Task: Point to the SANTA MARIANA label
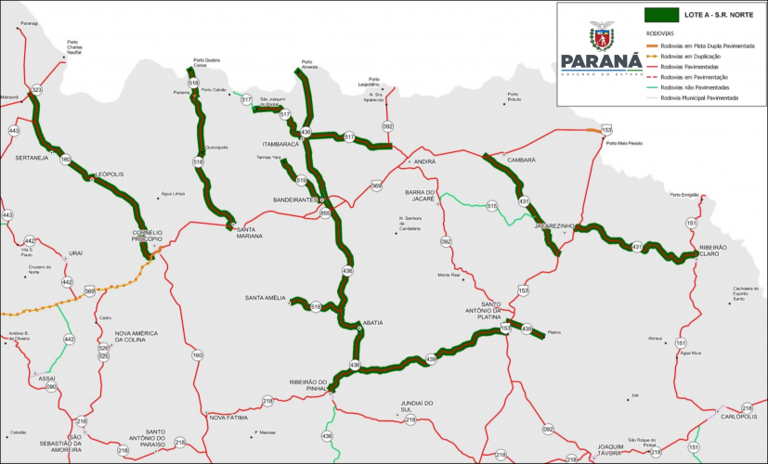[249, 233]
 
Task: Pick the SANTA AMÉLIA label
[266, 297]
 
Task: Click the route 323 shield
[37, 90]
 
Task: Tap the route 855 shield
[325, 213]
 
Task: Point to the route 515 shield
[492, 205]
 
